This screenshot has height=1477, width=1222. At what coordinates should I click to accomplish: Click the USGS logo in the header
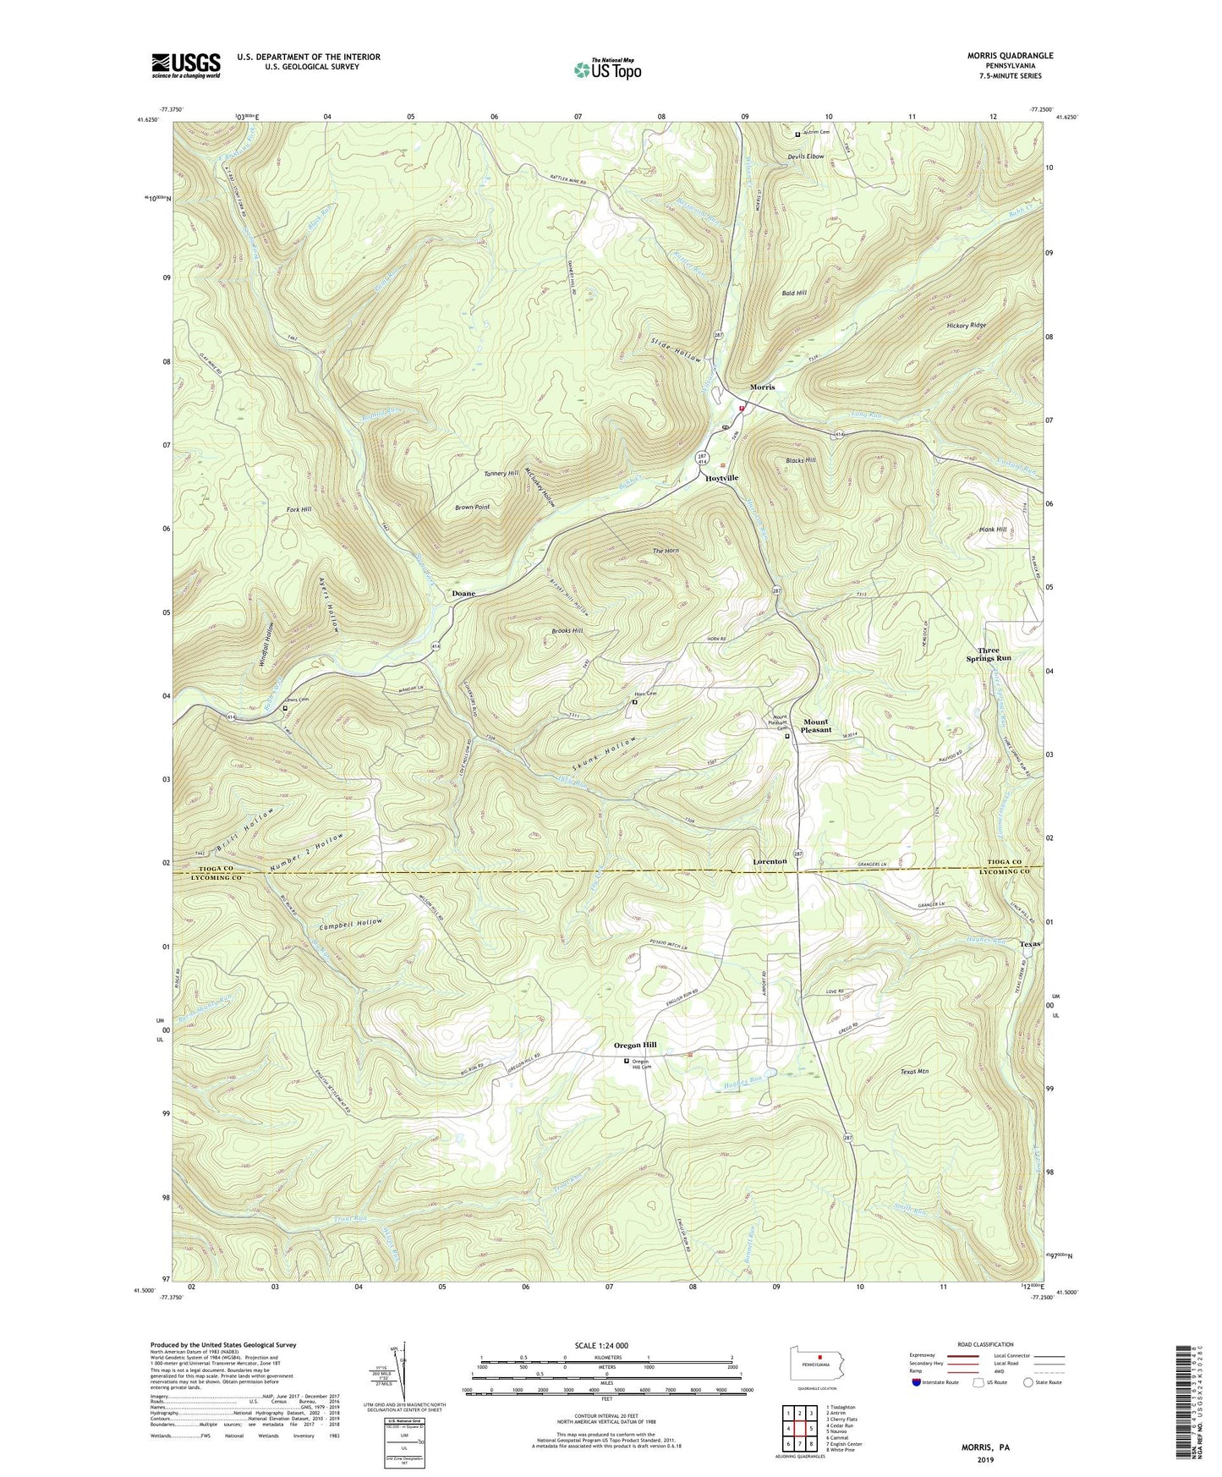(x=186, y=64)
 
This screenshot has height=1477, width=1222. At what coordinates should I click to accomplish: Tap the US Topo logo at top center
(x=607, y=69)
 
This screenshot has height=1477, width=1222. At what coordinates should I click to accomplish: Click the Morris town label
(x=762, y=387)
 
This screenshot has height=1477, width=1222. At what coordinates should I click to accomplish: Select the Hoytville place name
(x=721, y=478)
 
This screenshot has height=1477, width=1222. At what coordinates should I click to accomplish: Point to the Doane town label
(x=463, y=594)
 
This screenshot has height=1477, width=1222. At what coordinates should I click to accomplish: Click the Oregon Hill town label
(x=635, y=1046)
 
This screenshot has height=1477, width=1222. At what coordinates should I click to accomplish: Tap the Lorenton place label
(x=770, y=861)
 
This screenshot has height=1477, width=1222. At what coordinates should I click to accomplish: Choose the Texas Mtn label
(x=914, y=1072)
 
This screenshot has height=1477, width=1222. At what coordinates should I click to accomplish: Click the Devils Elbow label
(x=805, y=156)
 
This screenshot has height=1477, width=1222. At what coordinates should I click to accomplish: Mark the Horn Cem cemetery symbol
(x=635, y=701)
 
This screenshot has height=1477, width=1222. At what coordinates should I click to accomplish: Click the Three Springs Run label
(x=989, y=655)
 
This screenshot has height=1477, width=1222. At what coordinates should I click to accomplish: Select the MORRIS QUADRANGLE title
(x=999, y=56)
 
